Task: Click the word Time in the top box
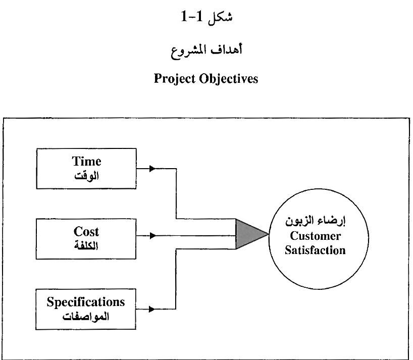click(x=86, y=162)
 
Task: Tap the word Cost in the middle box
click(x=86, y=232)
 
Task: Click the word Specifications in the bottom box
click(x=86, y=302)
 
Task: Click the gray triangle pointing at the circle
click(x=250, y=234)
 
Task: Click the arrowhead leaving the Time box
click(x=152, y=169)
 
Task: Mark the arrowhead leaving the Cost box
click(x=152, y=235)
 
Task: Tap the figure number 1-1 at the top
click(x=192, y=17)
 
